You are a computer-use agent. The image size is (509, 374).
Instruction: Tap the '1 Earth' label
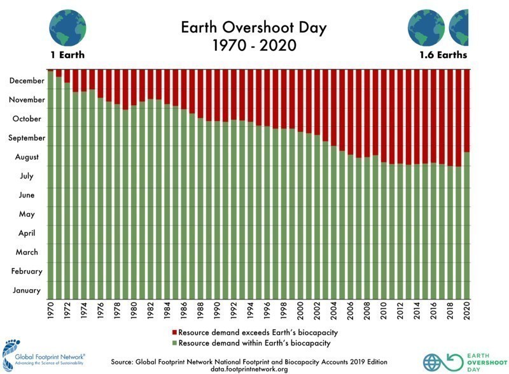67,55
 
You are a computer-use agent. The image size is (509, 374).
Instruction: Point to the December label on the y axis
27,81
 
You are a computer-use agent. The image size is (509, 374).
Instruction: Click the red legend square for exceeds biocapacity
174,333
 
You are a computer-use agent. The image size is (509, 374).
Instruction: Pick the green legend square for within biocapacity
174,343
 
